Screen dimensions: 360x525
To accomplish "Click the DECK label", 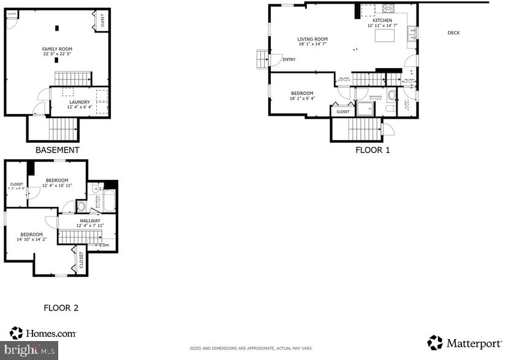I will coord(453,33).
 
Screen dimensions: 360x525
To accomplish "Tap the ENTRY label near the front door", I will coord(289,60).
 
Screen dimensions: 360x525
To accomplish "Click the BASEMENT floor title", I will coord(57,150).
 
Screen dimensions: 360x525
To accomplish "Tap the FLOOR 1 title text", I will coord(372,150).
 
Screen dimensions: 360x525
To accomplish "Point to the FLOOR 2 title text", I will coord(61,308).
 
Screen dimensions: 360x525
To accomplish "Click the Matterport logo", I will coord(465,343).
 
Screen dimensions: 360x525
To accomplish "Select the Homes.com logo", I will coord(43,333).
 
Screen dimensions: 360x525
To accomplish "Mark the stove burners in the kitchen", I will coord(388,9).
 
